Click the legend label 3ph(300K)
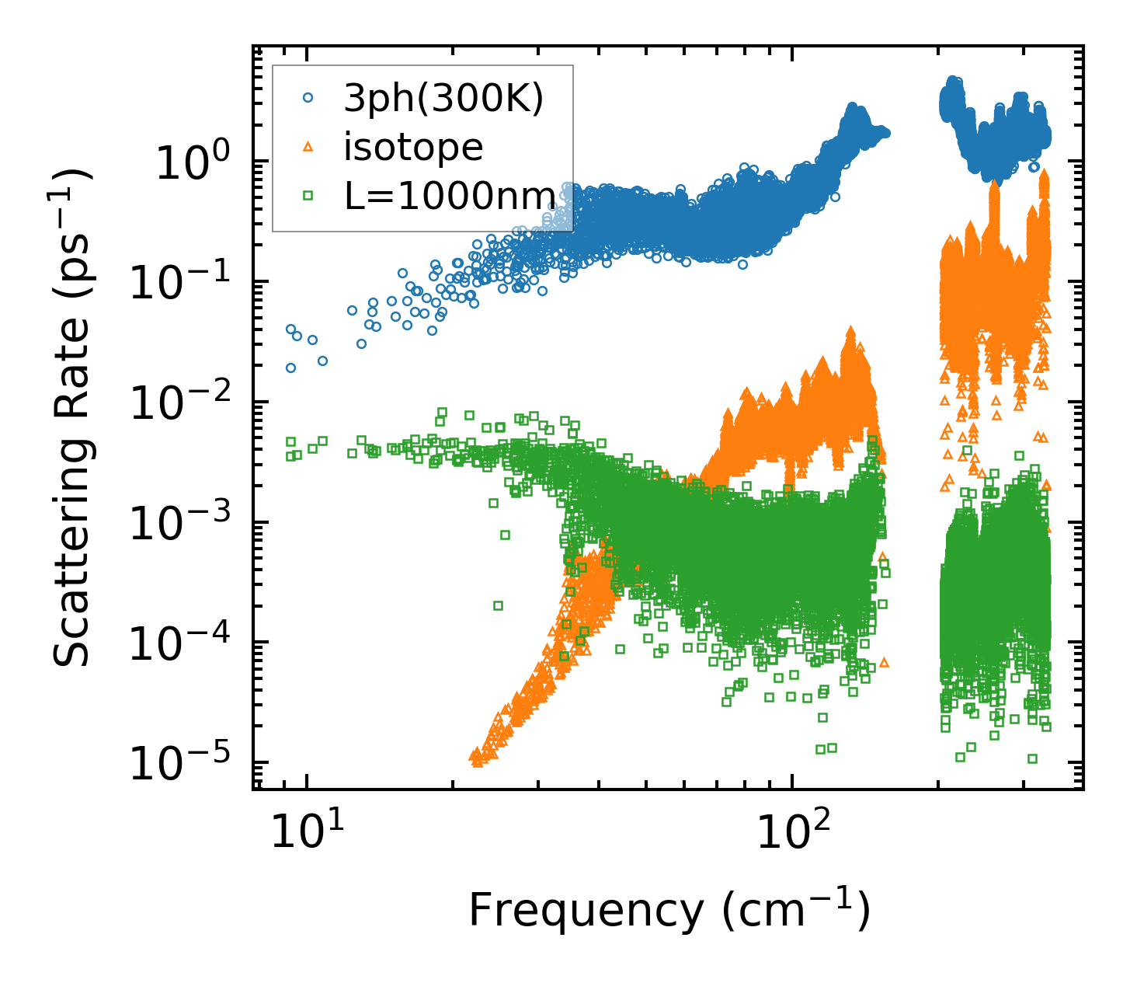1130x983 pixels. [443, 99]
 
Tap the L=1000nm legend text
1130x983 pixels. [450, 196]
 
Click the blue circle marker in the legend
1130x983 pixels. [308, 98]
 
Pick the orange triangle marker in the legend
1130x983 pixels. [308, 146]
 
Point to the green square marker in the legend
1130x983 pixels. [308, 196]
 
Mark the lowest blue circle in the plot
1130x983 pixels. [290, 368]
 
